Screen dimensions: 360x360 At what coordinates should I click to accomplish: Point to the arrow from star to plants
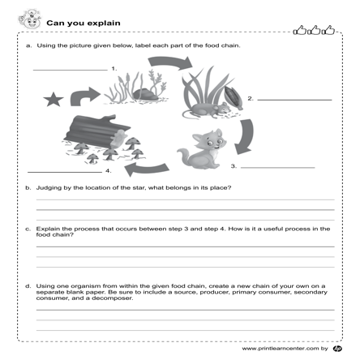[84, 96]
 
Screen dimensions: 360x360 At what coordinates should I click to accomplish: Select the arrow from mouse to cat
[243, 133]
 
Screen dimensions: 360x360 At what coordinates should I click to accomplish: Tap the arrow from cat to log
[144, 167]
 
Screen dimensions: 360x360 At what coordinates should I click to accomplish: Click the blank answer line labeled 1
[70, 70]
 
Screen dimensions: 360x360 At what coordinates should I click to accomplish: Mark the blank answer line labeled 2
[294, 99]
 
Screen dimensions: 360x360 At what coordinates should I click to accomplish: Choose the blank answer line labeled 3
[277, 166]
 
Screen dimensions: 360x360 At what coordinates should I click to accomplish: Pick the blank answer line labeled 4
[64, 171]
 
